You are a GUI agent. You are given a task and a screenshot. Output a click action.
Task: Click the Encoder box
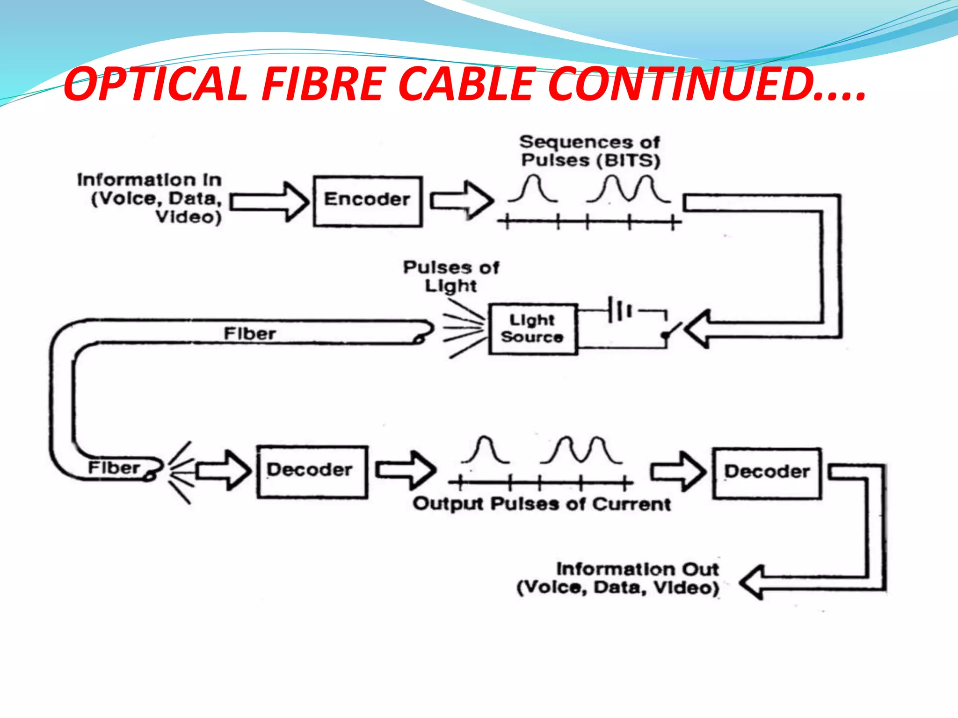point(368,201)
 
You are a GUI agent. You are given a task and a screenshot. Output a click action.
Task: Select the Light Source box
point(533,329)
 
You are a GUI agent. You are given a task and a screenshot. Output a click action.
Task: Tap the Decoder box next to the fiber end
point(312,471)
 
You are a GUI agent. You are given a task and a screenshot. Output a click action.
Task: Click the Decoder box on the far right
point(767,473)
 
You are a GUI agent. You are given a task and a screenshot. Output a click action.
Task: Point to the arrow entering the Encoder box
point(269,201)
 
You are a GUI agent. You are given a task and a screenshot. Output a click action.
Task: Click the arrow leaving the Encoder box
point(461,201)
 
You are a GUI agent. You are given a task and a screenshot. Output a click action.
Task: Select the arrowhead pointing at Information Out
point(753,582)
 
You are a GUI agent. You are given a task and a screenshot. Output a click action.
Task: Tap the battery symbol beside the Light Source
point(619,309)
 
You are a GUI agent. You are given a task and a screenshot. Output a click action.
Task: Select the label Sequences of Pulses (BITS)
point(590,151)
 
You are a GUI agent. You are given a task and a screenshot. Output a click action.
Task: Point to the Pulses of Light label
point(451,276)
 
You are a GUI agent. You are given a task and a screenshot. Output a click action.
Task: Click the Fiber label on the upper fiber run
point(250,334)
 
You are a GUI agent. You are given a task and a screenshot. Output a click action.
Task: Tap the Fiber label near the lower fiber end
point(114,467)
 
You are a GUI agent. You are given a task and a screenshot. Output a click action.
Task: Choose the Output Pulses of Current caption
point(542,504)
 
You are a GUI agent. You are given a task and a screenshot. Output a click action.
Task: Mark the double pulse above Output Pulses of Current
point(581,450)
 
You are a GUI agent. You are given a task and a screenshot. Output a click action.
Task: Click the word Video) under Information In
point(189,217)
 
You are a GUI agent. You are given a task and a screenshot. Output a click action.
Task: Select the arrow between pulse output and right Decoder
point(678,471)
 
